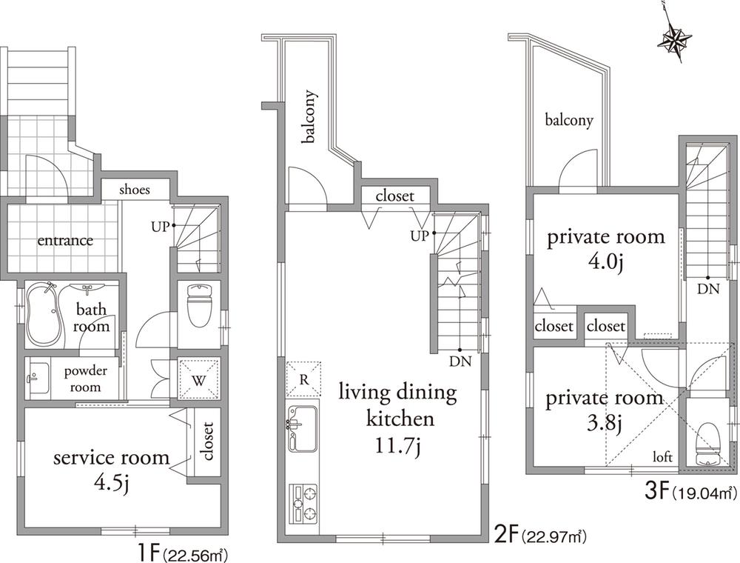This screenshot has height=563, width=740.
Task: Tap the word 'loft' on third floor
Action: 662,458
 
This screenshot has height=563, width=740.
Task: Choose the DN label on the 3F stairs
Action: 708,290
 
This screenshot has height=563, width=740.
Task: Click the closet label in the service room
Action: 206,442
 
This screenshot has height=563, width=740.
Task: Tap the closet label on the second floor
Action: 394,196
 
